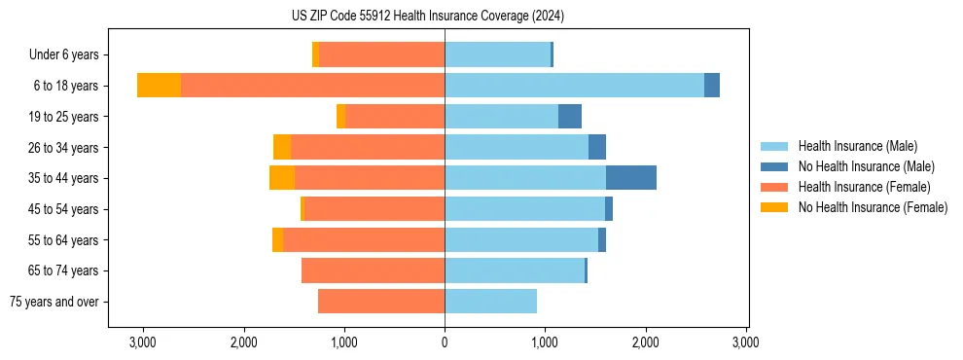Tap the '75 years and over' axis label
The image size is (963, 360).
tap(53, 302)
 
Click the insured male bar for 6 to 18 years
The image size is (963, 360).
tap(574, 86)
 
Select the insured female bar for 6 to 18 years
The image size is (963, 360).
tap(312, 86)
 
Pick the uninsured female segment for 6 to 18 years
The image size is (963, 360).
tap(159, 86)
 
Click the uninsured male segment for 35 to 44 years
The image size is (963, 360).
tap(630, 178)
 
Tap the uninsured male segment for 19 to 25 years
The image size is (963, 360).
tap(570, 117)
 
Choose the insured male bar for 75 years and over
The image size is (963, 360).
tap(490, 302)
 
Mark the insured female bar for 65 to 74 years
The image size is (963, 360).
tap(373, 270)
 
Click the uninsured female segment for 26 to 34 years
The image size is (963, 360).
tap(282, 147)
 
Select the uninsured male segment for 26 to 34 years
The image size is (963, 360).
tap(597, 147)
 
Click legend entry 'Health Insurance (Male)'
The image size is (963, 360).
tap(857, 146)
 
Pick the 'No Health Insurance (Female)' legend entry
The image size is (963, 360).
tap(873, 207)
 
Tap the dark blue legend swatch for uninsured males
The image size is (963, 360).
tap(775, 166)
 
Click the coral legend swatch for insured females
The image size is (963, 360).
tap(775, 187)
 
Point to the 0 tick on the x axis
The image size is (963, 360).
tap(445, 342)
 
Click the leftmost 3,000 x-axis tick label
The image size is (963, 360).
tap(143, 342)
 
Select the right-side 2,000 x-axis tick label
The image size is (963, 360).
tap(646, 342)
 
